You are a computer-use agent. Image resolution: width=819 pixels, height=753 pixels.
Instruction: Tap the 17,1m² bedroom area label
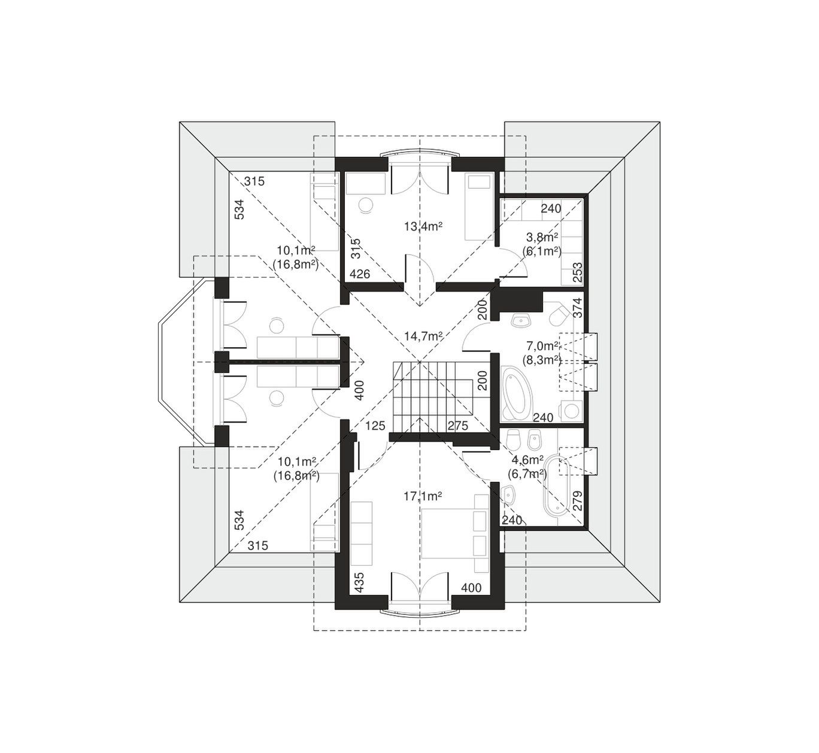423,497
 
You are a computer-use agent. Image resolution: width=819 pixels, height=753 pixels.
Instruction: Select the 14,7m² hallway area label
423,336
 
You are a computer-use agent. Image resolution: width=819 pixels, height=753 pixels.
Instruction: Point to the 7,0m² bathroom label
542,347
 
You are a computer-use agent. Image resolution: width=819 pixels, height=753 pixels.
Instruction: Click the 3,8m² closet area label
542,237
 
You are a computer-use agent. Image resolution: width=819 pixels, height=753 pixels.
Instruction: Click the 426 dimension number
360,274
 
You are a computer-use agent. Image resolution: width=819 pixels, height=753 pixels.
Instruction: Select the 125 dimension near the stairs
375,426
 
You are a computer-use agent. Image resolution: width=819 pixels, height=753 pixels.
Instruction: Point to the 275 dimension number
457,426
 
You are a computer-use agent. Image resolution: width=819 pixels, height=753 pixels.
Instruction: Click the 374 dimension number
578,308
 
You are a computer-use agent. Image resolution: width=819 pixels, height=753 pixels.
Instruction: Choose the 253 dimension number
578,272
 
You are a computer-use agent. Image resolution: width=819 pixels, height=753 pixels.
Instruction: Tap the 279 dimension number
578,500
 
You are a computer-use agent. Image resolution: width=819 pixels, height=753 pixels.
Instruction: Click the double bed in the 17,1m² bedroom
455,533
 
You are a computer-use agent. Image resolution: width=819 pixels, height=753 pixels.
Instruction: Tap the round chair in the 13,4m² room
367,205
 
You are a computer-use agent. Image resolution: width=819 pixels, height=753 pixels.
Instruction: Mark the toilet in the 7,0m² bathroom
559,316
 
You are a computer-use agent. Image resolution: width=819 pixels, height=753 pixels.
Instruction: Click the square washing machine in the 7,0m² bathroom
571,411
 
